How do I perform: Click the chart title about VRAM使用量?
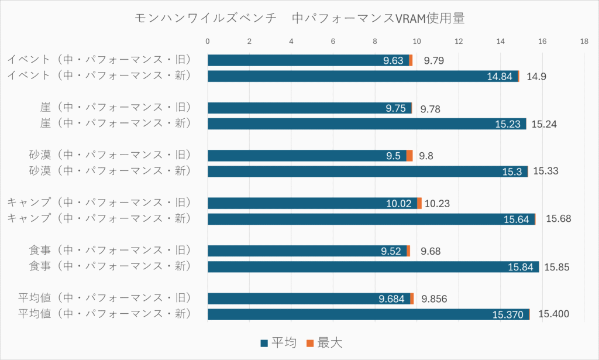click(299, 19)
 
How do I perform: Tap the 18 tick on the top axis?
click(584, 42)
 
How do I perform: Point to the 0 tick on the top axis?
click(208, 42)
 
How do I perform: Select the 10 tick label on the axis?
click(416, 42)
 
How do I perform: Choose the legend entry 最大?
click(325, 342)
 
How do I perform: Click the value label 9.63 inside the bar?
click(394, 60)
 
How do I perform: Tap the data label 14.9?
click(536, 76)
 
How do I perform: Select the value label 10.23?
click(437, 204)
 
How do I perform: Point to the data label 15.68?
click(558, 219)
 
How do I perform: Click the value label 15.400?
click(553, 314)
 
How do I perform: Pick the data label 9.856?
click(434, 299)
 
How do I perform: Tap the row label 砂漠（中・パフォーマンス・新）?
click(110, 171)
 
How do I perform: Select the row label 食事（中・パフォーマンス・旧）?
click(110, 251)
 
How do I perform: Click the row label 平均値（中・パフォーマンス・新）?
click(105, 314)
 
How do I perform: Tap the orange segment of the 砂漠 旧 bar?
click(409, 156)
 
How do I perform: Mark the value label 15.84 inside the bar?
click(519, 267)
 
